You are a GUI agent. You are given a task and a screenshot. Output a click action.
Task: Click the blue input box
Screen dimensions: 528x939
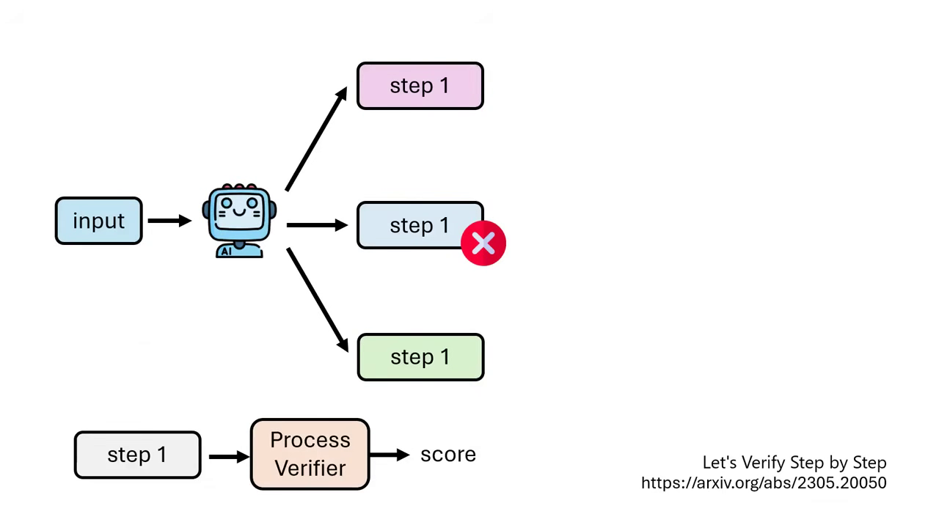point(98,221)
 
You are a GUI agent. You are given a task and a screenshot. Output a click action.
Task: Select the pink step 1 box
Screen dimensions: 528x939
point(420,86)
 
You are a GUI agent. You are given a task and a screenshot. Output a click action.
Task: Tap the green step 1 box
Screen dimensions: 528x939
point(420,357)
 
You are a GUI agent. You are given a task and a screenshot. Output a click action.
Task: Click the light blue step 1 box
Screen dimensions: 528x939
point(411,224)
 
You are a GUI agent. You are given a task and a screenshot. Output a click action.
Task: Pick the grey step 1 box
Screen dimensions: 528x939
point(137,455)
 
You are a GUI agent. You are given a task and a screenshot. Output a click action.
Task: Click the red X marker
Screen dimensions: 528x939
point(483,243)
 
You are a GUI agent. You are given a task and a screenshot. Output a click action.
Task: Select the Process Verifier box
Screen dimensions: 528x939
point(310,454)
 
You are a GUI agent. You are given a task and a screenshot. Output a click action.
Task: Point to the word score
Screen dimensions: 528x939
point(448,455)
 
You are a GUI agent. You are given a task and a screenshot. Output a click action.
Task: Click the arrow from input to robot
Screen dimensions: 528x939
point(169,220)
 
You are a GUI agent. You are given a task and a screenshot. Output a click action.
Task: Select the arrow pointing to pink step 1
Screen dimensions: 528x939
point(316,139)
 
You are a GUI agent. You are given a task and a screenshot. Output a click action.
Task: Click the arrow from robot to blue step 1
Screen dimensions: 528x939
point(316,225)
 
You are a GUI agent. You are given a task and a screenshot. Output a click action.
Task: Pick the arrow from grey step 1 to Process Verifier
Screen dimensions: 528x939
point(228,456)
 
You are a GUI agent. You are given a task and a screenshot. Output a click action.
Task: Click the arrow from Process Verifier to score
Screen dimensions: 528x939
point(390,455)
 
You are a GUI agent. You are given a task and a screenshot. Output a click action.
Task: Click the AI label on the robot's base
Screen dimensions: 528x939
point(226,251)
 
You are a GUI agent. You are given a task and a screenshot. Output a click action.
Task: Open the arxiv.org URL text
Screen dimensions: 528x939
point(764,483)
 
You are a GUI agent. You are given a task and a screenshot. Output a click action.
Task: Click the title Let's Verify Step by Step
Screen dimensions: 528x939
point(794,463)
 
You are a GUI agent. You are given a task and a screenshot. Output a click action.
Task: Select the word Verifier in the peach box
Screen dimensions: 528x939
point(310,468)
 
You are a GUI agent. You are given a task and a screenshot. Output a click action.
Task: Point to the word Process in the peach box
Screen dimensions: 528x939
point(310,440)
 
